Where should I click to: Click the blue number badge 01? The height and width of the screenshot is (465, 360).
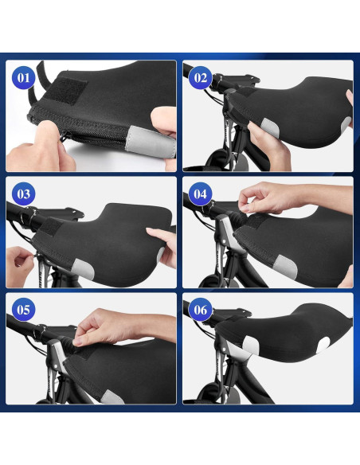point(23,78)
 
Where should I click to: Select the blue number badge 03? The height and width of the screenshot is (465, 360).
point(23,194)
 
